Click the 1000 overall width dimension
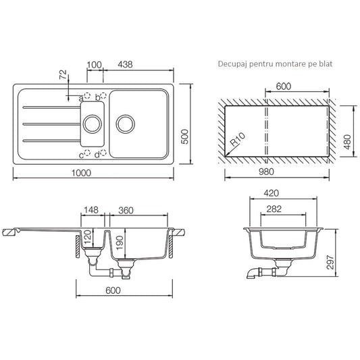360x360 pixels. [81, 173]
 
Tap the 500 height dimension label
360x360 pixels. [185, 136]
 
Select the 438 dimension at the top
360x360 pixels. [126, 65]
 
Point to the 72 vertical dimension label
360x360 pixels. [63, 74]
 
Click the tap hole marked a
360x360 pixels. [87, 95]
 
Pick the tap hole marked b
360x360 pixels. [103, 95]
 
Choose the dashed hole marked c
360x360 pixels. [87, 153]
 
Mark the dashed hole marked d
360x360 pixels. [103, 153]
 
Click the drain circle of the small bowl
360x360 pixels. [92, 124]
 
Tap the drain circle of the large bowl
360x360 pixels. [126, 124]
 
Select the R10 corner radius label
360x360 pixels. [238, 139]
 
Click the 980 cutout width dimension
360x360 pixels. [266, 172]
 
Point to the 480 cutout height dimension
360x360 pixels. [348, 142]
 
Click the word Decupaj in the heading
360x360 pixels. [232, 64]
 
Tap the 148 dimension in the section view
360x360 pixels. [91, 210]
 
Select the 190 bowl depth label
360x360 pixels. [120, 242]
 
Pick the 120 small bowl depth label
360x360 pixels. [88, 237]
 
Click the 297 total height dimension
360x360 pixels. [330, 262]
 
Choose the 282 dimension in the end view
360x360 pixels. [274, 209]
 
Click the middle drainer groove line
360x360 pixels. [52, 124]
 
